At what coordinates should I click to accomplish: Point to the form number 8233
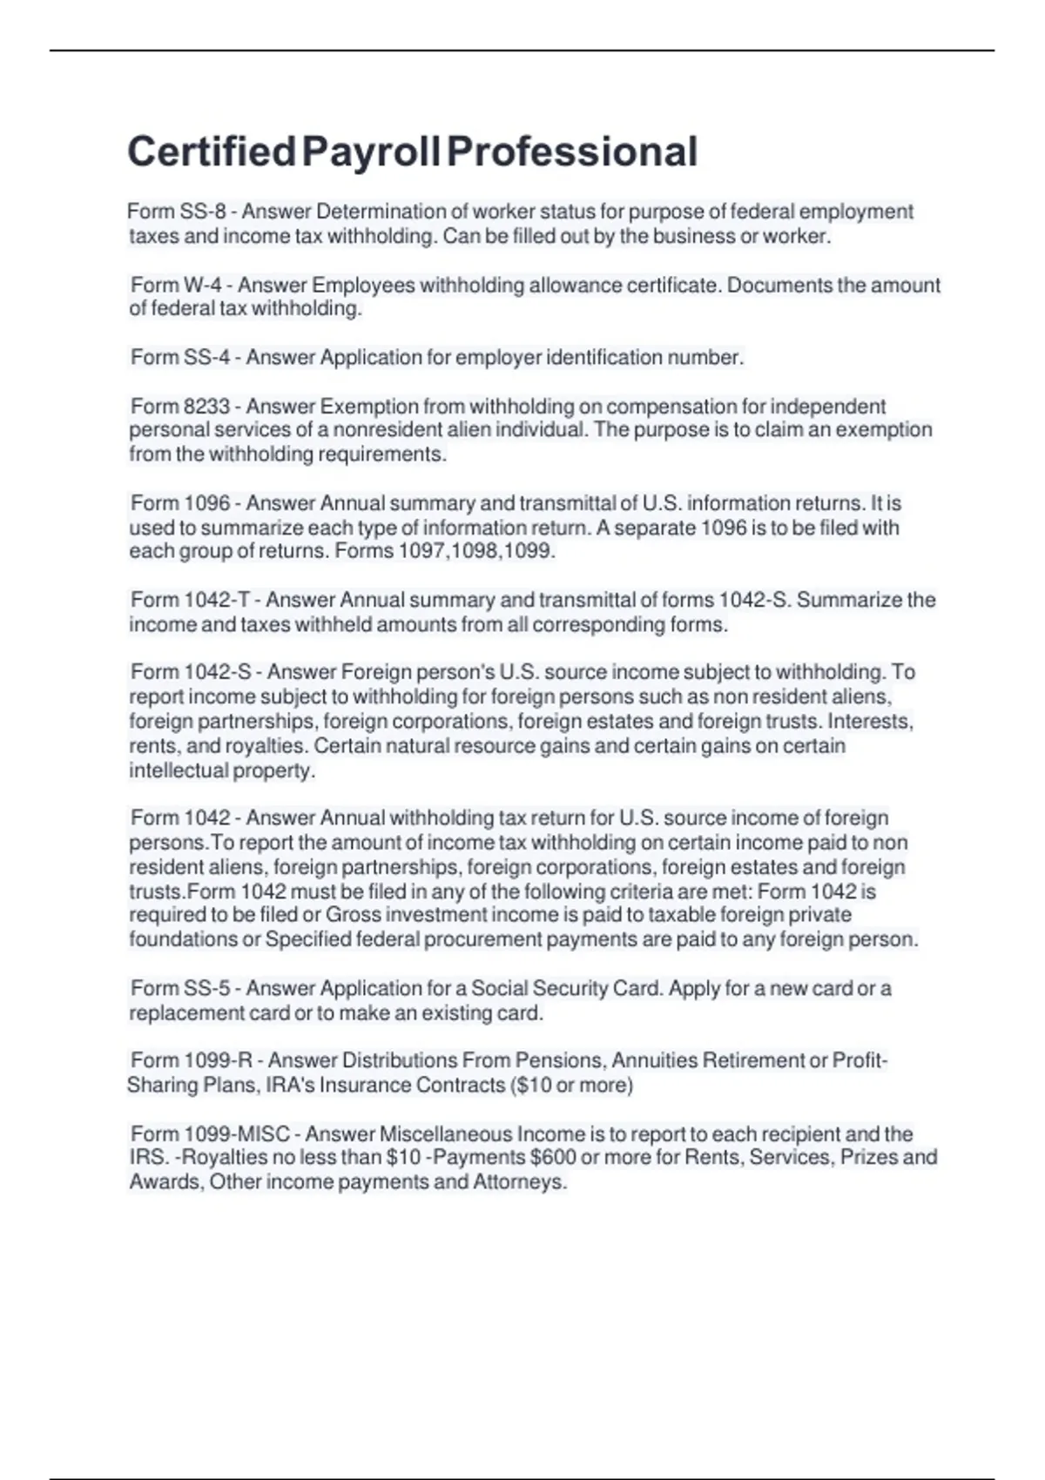tap(206, 407)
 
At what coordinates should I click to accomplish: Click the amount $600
tap(552, 1158)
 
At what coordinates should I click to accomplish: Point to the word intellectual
tap(179, 770)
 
